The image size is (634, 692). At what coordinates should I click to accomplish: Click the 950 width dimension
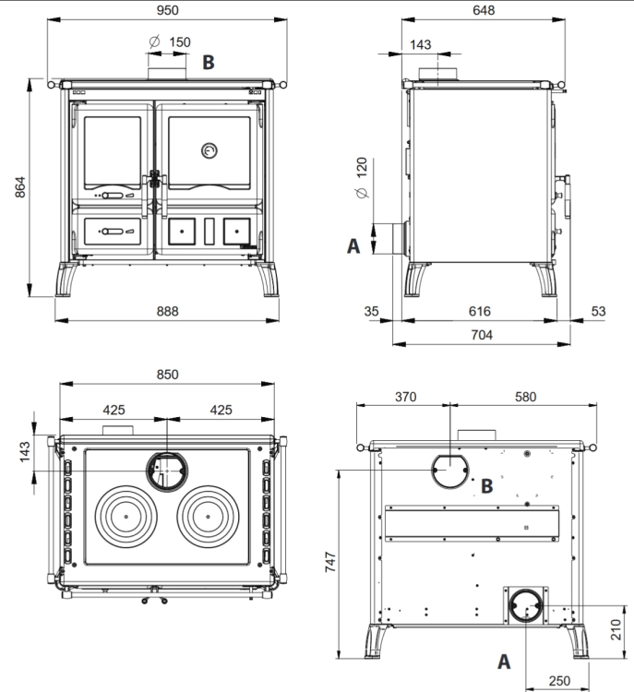pyautogui.click(x=167, y=10)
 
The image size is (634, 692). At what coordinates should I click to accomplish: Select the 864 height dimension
pyautogui.click(x=20, y=187)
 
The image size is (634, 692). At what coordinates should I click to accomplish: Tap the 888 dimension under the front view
pyautogui.click(x=167, y=311)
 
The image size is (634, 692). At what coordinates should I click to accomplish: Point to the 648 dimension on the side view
pyautogui.click(x=484, y=10)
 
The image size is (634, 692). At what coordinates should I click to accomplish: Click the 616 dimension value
pyautogui.click(x=480, y=311)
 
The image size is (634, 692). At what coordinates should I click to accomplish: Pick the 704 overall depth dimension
pyautogui.click(x=482, y=335)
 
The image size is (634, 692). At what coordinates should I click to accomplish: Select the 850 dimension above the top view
pyautogui.click(x=167, y=375)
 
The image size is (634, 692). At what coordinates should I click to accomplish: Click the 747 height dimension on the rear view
pyautogui.click(x=330, y=562)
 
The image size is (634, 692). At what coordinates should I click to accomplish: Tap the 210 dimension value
pyautogui.click(x=616, y=630)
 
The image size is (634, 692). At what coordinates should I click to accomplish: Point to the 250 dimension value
pyautogui.click(x=559, y=681)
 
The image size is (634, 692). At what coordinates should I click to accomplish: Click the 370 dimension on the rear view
pyautogui.click(x=405, y=397)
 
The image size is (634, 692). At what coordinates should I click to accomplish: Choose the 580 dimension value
pyautogui.click(x=525, y=397)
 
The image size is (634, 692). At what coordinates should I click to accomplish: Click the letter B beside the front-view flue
pyautogui.click(x=209, y=62)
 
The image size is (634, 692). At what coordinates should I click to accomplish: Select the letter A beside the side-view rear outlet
pyautogui.click(x=353, y=245)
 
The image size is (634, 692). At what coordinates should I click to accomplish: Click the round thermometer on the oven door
pyautogui.click(x=209, y=151)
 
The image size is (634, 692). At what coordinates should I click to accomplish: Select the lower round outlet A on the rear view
pyautogui.click(x=526, y=590)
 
